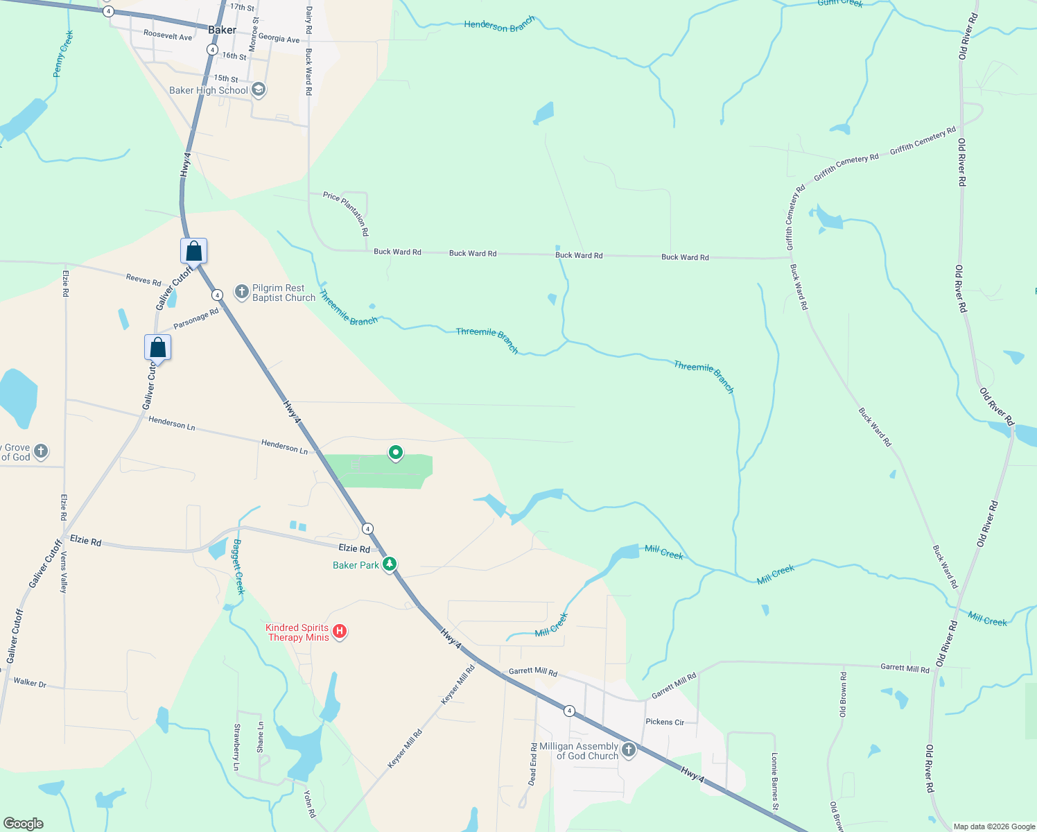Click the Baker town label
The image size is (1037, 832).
pyautogui.click(x=222, y=30)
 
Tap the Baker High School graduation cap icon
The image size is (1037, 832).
pyautogui.click(x=259, y=89)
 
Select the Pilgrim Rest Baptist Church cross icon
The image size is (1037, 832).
pyautogui.click(x=242, y=292)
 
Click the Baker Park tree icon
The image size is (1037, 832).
pyautogui.click(x=390, y=564)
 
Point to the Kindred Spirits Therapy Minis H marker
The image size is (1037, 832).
pyautogui.click(x=340, y=631)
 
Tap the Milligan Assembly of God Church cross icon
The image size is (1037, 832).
pyautogui.click(x=629, y=749)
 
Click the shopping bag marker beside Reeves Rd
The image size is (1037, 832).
pyautogui.click(x=194, y=251)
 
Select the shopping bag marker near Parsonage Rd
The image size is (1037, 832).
pyautogui.click(x=157, y=347)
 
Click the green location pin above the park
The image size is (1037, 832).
pyautogui.click(x=396, y=453)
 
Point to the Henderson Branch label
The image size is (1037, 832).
pyautogui.click(x=499, y=25)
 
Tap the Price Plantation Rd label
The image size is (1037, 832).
pyautogui.click(x=346, y=214)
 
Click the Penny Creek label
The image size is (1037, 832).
pyautogui.click(x=63, y=53)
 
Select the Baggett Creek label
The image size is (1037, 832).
pyautogui.click(x=238, y=566)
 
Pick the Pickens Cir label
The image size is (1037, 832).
pyautogui.click(x=665, y=722)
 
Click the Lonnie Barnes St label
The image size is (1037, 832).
pyautogui.click(x=775, y=781)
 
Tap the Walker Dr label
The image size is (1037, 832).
pyautogui.click(x=30, y=683)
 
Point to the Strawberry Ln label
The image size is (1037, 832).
pyautogui.click(x=237, y=747)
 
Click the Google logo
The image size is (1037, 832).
pyautogui.click(x=24, y=824)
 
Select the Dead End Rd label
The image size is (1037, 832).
pyautogui.click(x=533, y=764)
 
